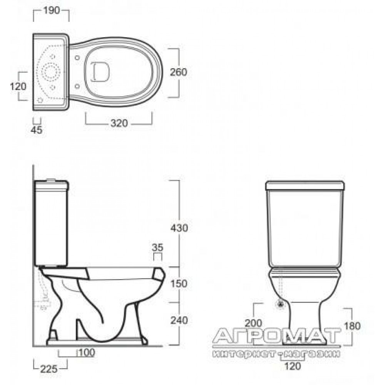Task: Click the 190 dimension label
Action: (52, 10)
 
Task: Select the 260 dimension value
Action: (179, 72)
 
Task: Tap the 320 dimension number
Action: (119, 123)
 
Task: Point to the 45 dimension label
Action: (37, 130)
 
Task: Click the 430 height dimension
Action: (179, 228)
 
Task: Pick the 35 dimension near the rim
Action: (157, 248)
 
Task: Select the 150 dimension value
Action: (179, 284)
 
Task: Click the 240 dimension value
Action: (179, 320)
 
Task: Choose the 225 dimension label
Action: (49, 369)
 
